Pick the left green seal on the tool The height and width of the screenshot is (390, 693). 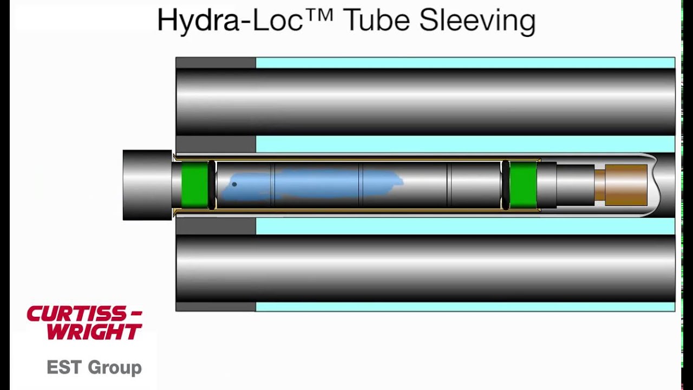pos(194,185)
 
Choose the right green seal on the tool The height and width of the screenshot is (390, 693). pos(523,185)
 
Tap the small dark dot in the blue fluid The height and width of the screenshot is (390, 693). pos(234,185)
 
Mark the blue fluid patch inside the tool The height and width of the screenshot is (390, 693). pos(314,183)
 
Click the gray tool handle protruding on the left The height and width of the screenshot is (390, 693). pos(147,185)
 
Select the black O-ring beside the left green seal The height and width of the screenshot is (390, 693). pos(212,185)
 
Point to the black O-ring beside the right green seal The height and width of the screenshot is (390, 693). pos(505,185)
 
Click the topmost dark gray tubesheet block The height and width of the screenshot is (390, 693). pos(215,62)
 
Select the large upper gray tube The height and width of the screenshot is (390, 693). pos(425,101)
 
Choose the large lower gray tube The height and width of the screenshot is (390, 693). pos(425,268)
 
